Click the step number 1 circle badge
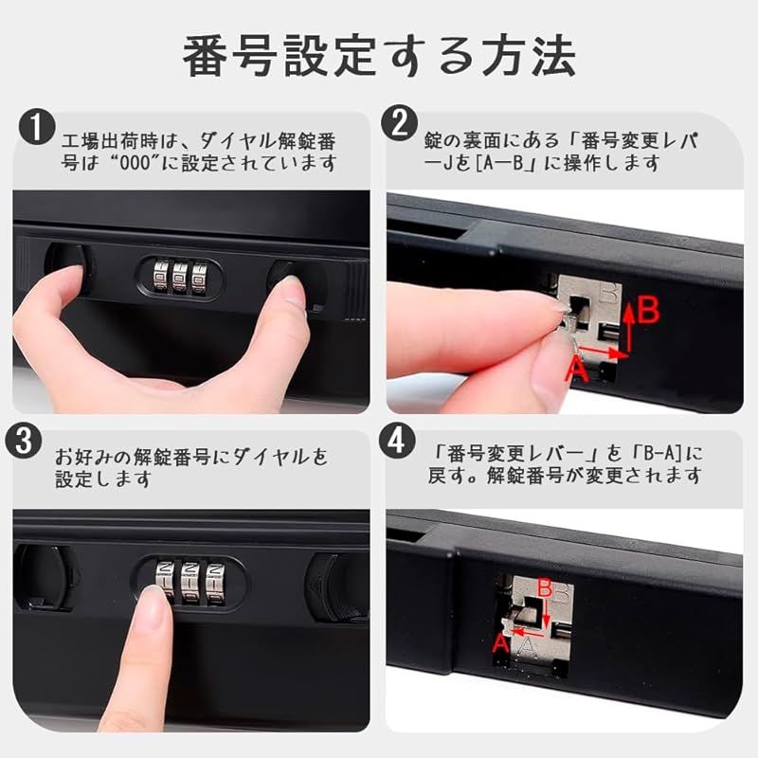pyautogui.click(x=37, y=127)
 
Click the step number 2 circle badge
pyautogui.click(x=399, y=123)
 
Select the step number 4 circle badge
pyautogui.click(x=397, y=440)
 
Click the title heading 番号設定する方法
pyautogui.click(x=379, y=56)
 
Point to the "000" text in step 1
pyautogui.click(x=135, y=163)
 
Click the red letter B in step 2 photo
pyautogui.click(x=648, y=310)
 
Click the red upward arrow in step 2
pyautogui.click(x=628, y=327)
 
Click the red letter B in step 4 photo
pyautogui.click(x=545, y=588)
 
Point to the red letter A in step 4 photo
pyautogui.click(x=501, y=644)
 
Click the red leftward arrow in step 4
pyautogui.click(x=529, y=631)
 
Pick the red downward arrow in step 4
pyautogui.click(x=547, y=613)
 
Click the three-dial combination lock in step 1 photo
pyautogui.click(x=180, y=279)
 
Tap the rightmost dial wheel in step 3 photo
pyautogui.click(x=215, y=582)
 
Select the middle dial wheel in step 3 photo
pyautogui.click(x=191, y=582)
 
